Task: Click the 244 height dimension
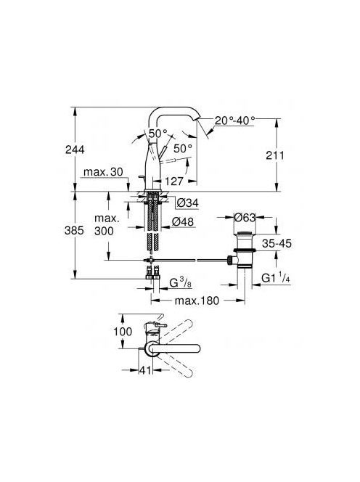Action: (x=75, y=150)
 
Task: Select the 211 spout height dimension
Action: (x=275, y=155)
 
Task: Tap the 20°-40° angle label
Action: (x=235, y=120)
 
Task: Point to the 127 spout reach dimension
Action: (x=174, y=181)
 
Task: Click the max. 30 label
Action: (x=103, y=171)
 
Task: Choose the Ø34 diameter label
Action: (x=188, y=203)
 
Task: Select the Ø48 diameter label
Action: (x=183, y=221)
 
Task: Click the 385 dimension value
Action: (x=74, y=230)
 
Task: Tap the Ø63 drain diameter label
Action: (x=245, y=217)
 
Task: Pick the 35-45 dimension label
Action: (x=277, y=243)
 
